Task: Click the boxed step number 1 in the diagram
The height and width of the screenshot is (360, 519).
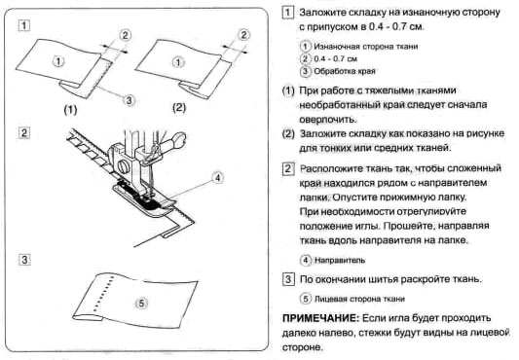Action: click(x=23, y=26)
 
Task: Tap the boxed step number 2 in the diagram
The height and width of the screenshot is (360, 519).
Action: click(x=23, y=133)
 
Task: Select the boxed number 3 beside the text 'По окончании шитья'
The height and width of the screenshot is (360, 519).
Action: click(x=288, y=279)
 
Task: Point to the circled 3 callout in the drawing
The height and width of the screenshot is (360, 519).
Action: click(x=130, y=99)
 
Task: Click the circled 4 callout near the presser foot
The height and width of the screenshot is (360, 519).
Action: click(x=217, y=178)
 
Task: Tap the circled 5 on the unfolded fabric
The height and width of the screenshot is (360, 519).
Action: click(x=141, y=304)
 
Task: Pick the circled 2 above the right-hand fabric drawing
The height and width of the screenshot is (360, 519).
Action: click(x=244, y=35)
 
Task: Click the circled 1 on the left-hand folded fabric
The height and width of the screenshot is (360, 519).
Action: click(x=58, y=61)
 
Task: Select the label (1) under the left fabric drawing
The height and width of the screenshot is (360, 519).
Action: click(x=70, y=110)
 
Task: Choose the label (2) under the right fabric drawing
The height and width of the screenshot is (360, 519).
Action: click(x=179, y=108)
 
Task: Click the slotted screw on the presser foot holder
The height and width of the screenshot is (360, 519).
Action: click(x=124, y=165)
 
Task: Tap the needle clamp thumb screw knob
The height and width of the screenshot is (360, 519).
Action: click(x=179, y=137)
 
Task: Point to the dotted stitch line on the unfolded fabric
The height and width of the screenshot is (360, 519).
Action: click(x=103, y=293)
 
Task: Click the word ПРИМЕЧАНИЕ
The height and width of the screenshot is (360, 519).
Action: click(x=320, y=318)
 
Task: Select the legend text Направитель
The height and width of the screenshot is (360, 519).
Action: click(x=340, y=261)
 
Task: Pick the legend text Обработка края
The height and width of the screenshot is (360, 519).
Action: click(x=345, y=71)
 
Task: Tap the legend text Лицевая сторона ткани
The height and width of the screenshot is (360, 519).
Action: click(x=359, y=299)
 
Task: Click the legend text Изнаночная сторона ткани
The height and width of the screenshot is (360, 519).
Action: click(x=366, y=47)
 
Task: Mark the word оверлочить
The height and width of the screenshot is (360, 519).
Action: click(x=327, y=119)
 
